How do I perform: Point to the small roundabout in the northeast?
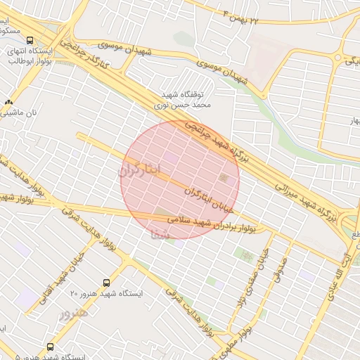340,58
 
